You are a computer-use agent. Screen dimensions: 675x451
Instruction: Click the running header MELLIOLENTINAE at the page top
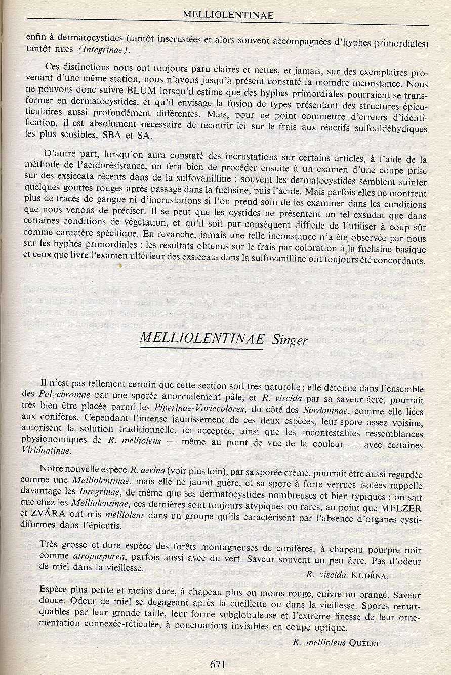click(x=228, y=15)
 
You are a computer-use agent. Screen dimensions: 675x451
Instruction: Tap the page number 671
click(x=217, y=665)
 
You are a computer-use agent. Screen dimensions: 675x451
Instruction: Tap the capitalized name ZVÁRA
click(x=52, y=525)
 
